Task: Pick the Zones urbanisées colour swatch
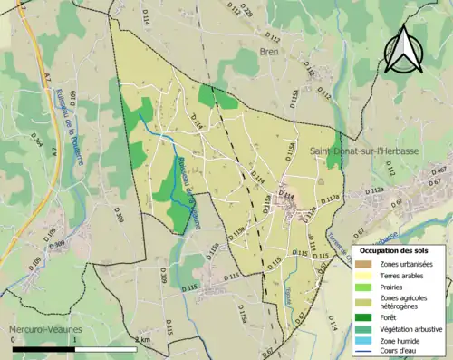click(365, 264)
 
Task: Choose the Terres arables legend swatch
click(365, 275)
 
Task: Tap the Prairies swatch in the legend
click(365, 286)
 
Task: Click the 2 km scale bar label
click(142, 340)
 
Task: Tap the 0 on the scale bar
click(13, 340)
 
